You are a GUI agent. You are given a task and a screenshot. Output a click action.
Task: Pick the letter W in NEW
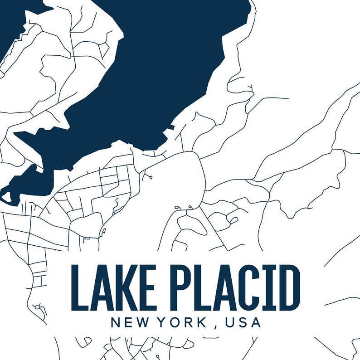coord(144,323)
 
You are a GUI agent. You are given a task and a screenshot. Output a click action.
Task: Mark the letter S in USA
coord(243,323)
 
